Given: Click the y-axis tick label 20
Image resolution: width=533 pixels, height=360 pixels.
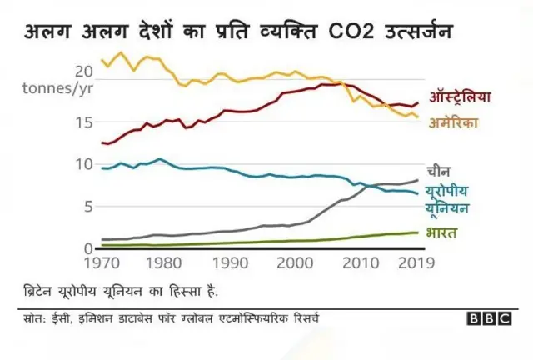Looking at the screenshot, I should (82, 70).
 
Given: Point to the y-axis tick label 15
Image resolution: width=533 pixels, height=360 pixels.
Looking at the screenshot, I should (82, 123).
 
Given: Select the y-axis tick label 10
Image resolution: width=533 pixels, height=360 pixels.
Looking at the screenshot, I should (82, 164).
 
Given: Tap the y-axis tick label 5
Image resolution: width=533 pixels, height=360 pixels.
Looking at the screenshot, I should (87, 207).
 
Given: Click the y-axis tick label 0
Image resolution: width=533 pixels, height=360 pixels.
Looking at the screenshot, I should (87, 248).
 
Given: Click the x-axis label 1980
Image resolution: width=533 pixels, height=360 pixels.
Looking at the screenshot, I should (166, 265).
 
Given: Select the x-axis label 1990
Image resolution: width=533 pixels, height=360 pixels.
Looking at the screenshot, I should (230, 265).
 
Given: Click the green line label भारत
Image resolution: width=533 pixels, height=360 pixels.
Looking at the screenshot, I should (441, 233).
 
